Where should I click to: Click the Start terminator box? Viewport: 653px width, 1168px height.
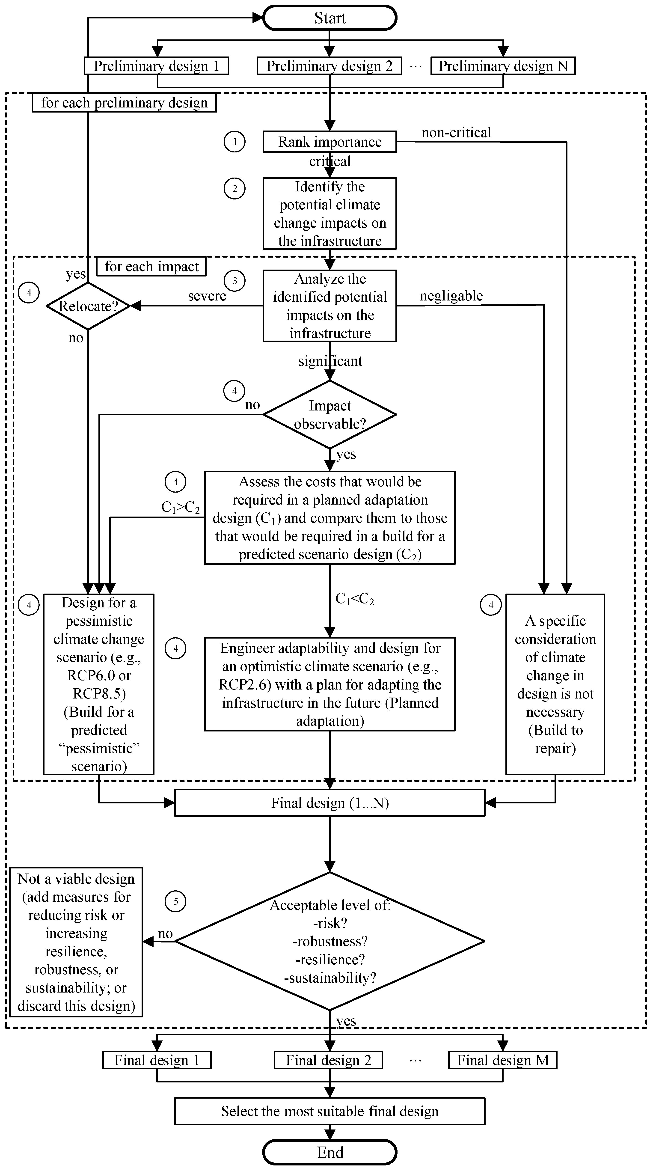click(330, 18)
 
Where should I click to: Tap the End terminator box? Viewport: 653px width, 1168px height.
click(330, 1152)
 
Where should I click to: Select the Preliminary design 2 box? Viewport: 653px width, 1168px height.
click(329, 66)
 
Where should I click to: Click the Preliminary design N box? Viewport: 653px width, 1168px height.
click(503, 66)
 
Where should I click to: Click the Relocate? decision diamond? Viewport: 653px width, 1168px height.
click(89, 306)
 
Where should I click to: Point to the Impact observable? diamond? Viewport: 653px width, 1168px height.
click(330, 414)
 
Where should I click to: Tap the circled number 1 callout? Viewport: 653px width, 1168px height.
click(234, 142)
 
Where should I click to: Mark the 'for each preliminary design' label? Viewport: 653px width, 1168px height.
click(124, 102)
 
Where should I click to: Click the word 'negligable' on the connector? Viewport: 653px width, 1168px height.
click(451, 296)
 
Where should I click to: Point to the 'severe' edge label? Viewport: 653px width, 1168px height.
click(207, 296)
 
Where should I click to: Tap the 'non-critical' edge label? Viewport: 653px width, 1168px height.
click(456, 132)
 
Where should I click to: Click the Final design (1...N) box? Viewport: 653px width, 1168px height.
click(330, 803)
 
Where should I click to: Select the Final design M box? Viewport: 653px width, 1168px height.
click(502, 1060)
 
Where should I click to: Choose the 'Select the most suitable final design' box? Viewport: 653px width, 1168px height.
click(330, 1111)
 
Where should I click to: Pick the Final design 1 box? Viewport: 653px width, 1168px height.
click(157, 1060)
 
